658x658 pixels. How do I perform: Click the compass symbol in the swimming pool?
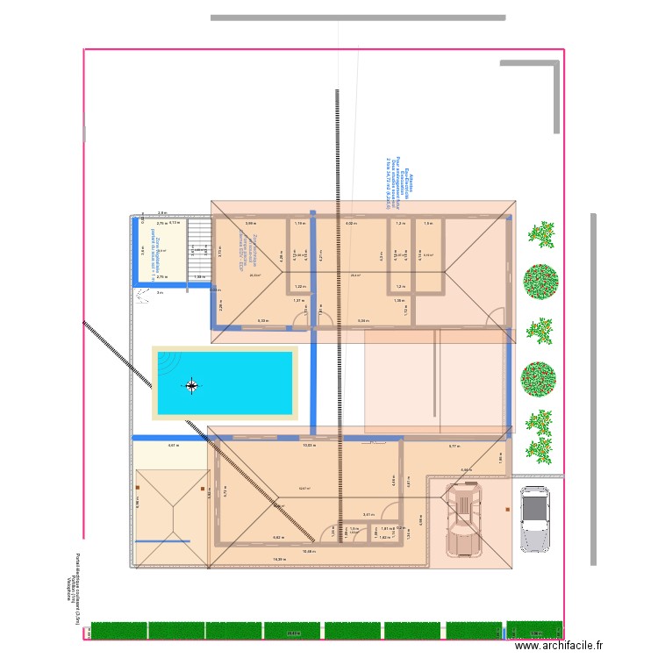(192, 384)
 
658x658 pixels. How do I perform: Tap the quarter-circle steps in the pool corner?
(168, 362)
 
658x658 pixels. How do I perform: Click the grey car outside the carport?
(534, 519)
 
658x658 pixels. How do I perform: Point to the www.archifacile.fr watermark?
(559, 645)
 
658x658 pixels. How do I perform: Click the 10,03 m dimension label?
(309, 446)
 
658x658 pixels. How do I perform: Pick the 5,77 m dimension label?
(454, 447)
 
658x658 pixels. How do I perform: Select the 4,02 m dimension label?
(350, 224)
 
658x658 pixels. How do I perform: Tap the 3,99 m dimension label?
(250, 224)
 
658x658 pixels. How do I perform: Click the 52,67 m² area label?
(304, 489)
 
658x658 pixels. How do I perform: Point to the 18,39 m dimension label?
(279, 559)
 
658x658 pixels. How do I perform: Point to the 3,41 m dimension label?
(368, 515)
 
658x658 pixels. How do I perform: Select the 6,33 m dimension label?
(263, 320)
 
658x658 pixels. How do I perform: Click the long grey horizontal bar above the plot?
(358, 17)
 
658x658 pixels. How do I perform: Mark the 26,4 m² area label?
(355, 275)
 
